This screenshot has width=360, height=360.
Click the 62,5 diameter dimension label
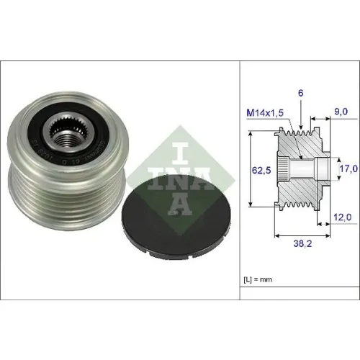tap(261, 171)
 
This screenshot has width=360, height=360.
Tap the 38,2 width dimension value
tap(302, 243)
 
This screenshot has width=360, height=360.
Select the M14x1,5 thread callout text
tap(265, 112)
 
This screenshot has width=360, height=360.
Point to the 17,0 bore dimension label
tap(348, 168)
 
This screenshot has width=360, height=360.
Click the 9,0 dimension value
tap(341, 112)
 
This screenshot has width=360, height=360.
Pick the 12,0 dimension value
tap(343, 217)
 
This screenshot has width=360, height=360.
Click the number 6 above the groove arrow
tap(301, 93)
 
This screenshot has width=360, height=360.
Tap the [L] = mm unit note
tap(258, 279)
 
